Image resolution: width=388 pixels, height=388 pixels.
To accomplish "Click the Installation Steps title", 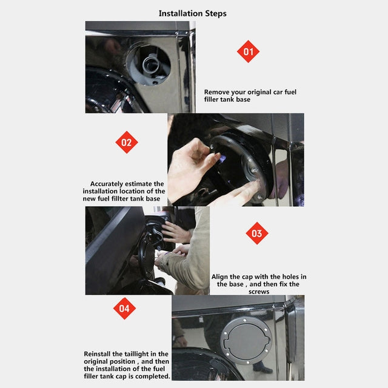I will [x=193, y=13].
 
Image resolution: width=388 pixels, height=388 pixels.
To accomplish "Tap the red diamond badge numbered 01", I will [x=248, y=52].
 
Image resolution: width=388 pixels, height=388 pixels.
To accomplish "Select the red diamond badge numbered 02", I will [x=126, y=142].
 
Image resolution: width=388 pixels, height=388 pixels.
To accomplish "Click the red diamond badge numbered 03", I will [x=256, y=233].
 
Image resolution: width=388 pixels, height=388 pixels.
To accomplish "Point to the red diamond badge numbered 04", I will [x=124, y=308].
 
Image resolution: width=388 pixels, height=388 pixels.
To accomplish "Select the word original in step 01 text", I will [x=265, y=92].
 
